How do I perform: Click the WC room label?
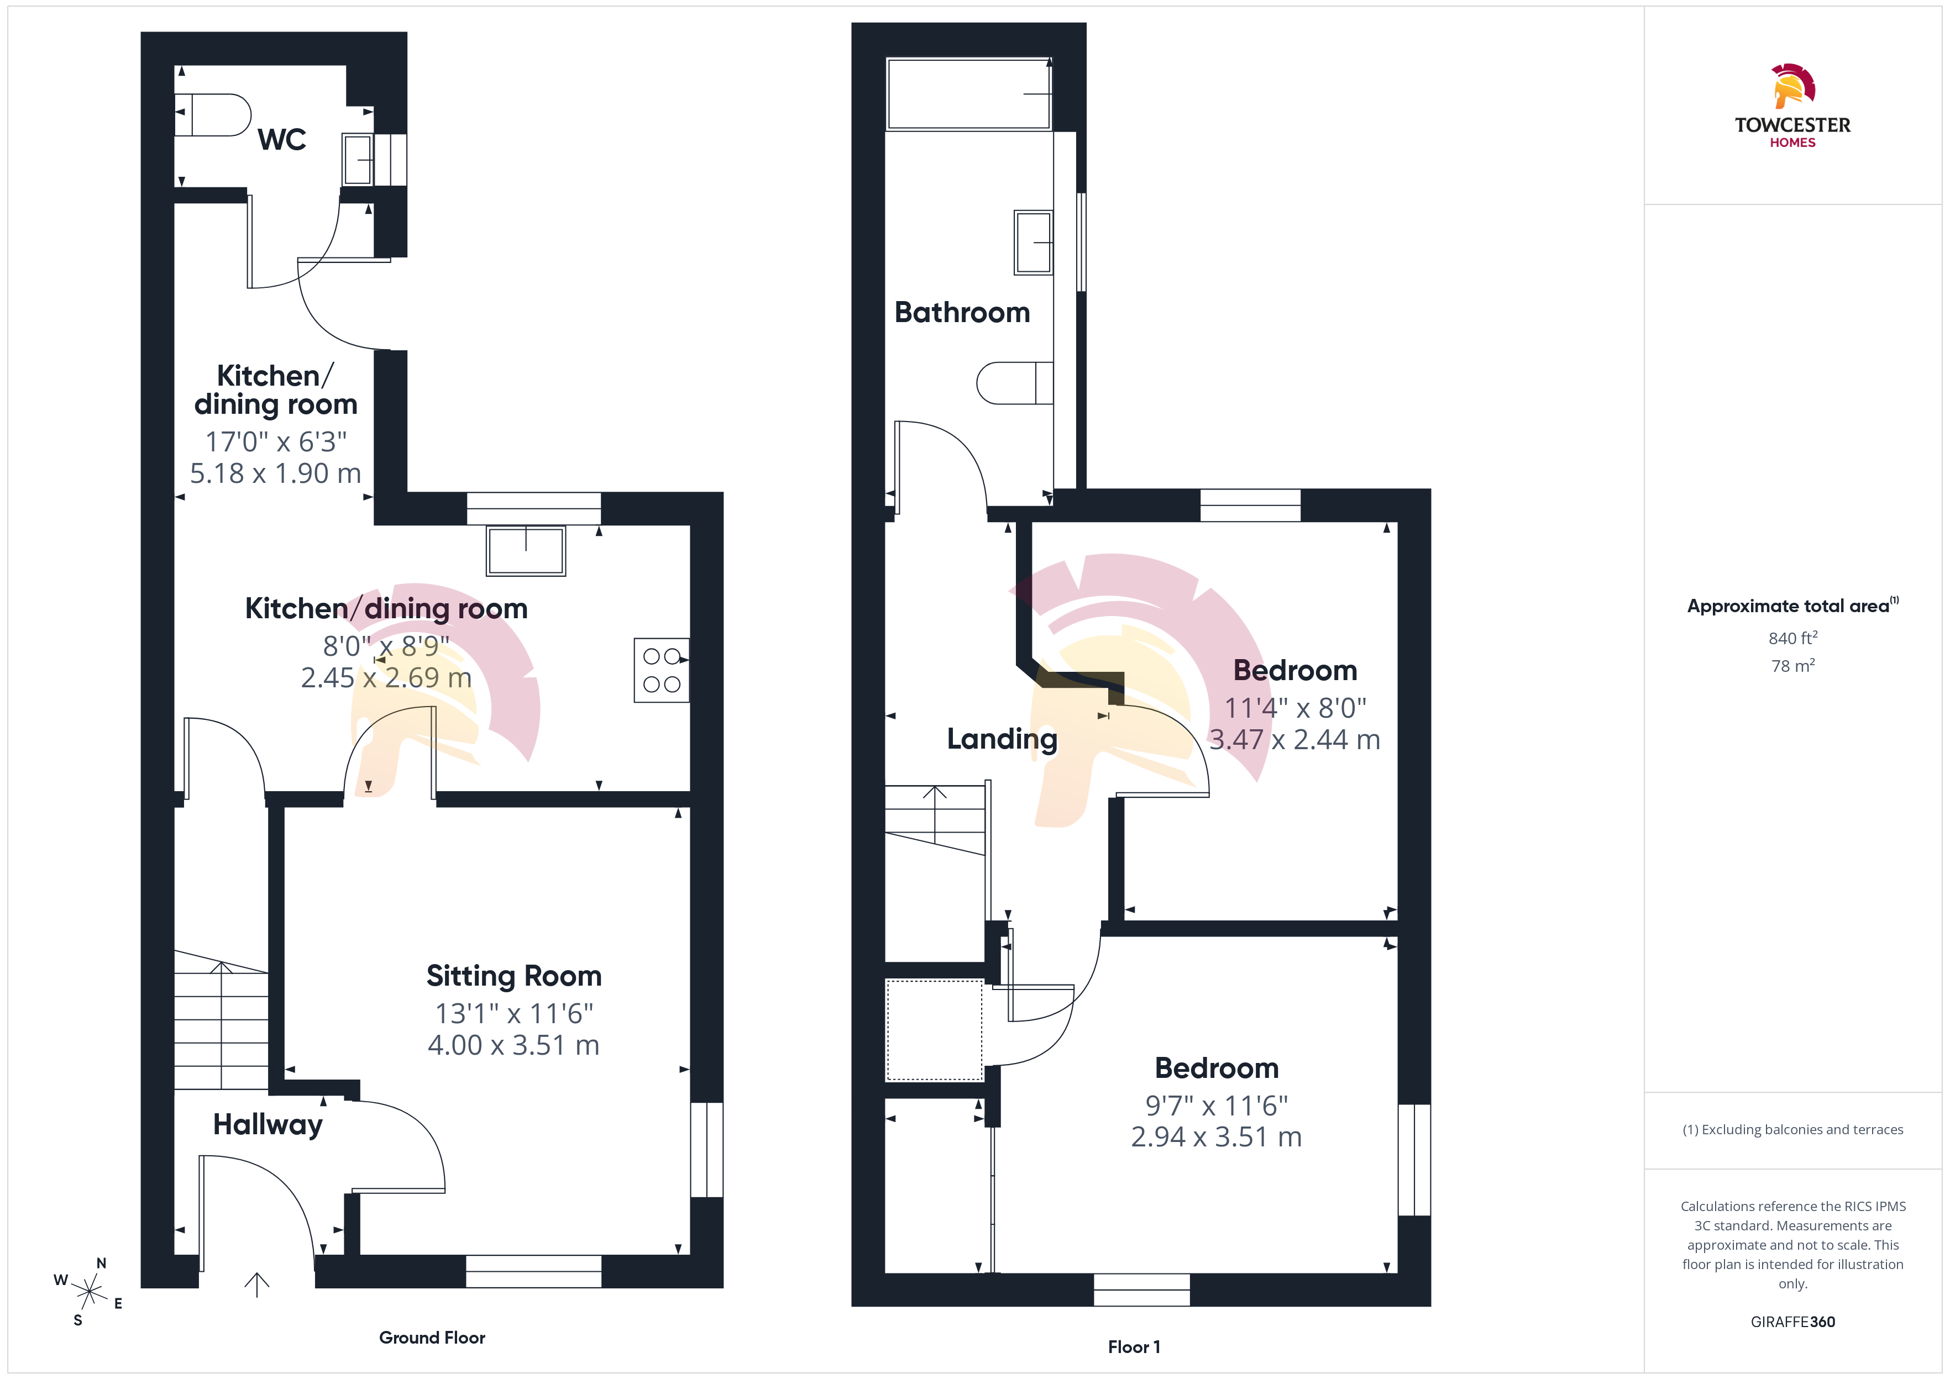coord(282,139)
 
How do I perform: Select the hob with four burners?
coord(662,670)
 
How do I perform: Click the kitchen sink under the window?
coord(526,551)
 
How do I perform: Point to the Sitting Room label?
coord(514,976)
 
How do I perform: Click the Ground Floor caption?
coord(432,1338)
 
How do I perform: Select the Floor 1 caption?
coord(1134,1347)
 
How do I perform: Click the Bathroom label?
coord(962,313)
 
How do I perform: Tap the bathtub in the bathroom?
coord(968,93)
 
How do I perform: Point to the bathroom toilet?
coord(1015,383)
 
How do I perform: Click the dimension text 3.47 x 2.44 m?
coord(1294,740)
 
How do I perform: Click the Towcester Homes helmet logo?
coord(1793,86)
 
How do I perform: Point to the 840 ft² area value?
coord(1793,638)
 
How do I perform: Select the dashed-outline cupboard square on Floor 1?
coord(934,1030)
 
